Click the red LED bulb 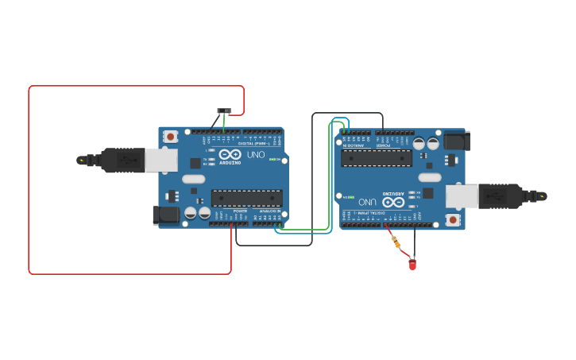(x=412, y=264)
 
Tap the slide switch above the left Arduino (x=224, y=110)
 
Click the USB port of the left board (x=161, y=160)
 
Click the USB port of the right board (x=461, y=195)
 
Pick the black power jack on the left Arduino (x=165, y=214)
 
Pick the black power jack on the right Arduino (x=456, y=141)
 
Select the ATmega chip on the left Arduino (x=246, y=198)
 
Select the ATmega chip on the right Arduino (x=377, y=157)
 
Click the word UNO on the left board (x=256, y=154)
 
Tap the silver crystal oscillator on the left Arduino (x=193, y=179)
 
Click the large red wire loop (x=29, y=183)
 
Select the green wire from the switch (x=224, y=122)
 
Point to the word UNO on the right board (x=367, y=201)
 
